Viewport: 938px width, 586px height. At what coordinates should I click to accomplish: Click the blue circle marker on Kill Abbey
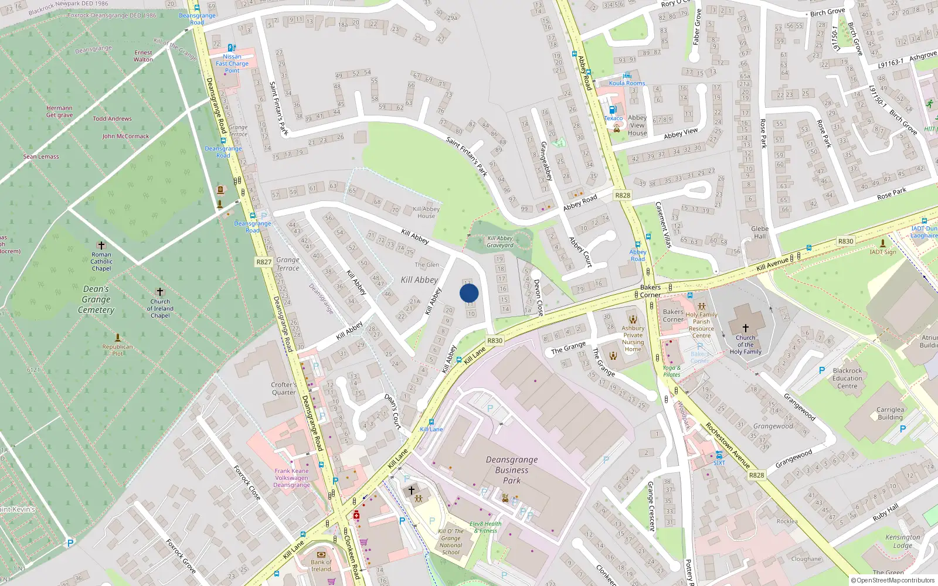tap(469, 293)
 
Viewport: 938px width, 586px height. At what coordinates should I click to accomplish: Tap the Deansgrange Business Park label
tap(511, 470)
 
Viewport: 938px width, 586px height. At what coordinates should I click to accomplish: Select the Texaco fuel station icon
tap(613, 110)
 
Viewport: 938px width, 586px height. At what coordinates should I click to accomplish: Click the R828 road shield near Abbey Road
tap(623, 195)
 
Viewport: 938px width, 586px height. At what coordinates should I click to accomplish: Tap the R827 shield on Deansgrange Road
tap(264, 262)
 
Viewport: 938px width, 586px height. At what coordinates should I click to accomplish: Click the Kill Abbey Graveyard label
tap(500, 241)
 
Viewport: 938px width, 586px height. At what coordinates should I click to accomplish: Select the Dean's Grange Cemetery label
tap(96, 299)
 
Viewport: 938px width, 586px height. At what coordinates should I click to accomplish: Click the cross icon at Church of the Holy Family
tap(745, 328)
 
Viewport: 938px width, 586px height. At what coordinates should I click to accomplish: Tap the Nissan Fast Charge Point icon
tap(232, 48)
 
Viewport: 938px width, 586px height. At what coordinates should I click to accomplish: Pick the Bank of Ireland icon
tap(321, 554)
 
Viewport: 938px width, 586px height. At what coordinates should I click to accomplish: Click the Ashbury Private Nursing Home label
tap(633, 339)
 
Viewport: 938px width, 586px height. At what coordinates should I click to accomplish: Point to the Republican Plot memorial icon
tap(118, 338)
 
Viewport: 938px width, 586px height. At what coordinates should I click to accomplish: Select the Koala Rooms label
tap(627, 83)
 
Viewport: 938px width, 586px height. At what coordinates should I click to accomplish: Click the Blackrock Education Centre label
tap(847, 378)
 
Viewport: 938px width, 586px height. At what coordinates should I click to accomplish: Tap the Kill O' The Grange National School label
tap(451, 541)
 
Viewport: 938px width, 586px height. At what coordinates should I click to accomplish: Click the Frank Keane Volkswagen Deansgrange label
tap(291, 478)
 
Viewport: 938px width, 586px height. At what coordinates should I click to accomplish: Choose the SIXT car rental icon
tap(719, 455)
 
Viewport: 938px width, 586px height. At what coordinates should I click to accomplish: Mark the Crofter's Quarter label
tap(284, 389)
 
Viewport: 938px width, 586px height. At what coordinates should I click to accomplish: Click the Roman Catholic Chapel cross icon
tap(101, 246)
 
